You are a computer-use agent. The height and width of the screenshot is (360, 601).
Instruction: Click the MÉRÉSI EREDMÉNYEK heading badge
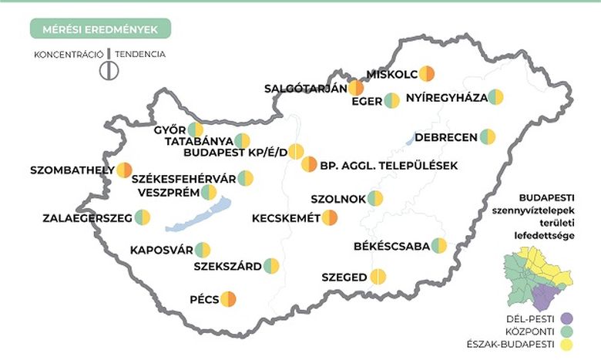[x=100, y=29]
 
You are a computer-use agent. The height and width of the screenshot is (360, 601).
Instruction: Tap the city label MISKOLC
[x=391, y=74]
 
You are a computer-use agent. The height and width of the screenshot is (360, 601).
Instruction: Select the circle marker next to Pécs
[x=228, y=298]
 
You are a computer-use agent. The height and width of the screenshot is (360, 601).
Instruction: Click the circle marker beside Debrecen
[x=488, y=137]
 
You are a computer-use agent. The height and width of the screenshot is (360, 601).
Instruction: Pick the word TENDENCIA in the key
[x=140, y=55]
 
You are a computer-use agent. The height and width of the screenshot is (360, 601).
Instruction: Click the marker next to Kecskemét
[x=330, y=217]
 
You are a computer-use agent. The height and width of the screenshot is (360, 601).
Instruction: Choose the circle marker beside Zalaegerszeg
[x=143, y=217]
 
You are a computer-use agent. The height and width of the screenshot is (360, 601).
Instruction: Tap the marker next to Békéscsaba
[x=439, y=246]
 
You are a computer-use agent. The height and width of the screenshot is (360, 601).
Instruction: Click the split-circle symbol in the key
[x=109, y=68]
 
